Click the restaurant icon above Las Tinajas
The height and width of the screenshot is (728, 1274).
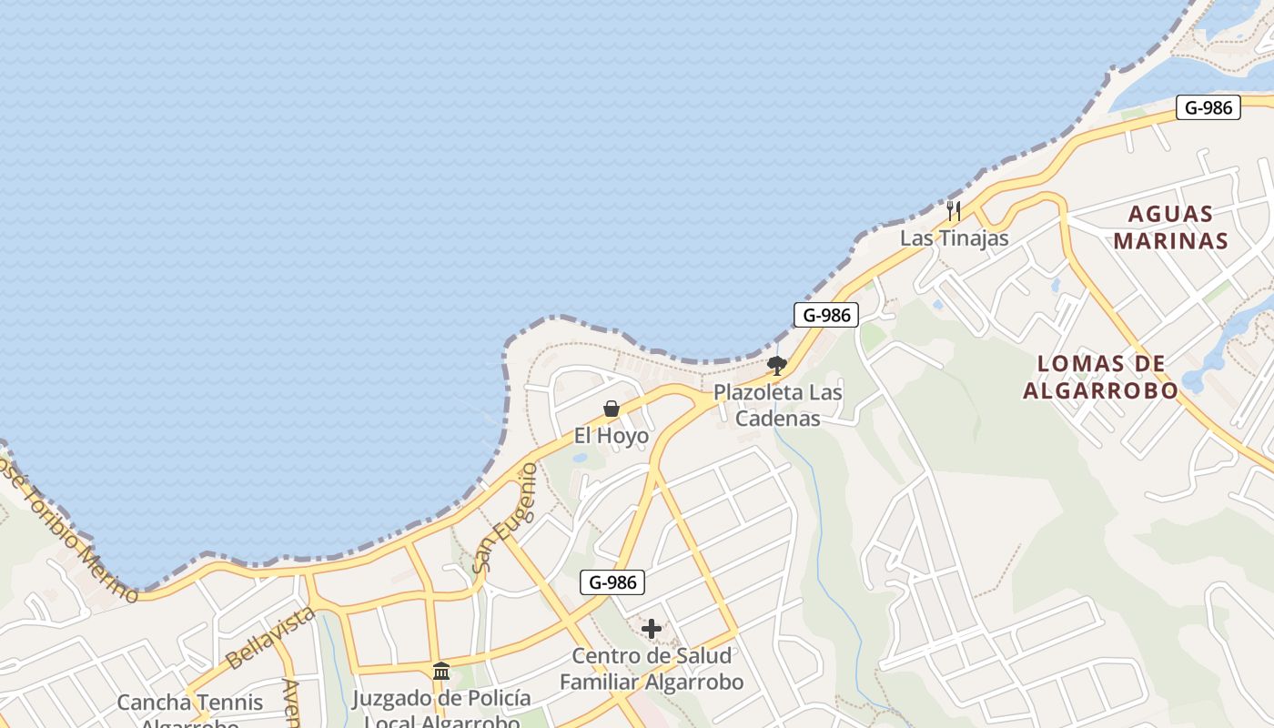[x=954, y=211]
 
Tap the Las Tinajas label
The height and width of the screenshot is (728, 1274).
[x=955, y=238]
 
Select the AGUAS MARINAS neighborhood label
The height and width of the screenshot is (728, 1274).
[x=1170, y=227]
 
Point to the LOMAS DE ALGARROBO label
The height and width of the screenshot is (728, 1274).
[x=1101, y=377]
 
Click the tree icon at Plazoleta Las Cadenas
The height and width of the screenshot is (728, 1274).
[x=776, y=366]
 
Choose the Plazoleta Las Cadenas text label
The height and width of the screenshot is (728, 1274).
[x=777, y=406]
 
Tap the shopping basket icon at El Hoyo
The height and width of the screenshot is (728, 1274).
[x=612, y=409]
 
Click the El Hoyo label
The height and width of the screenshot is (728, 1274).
[x=612, y=436]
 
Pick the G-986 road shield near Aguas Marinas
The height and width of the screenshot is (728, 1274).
[x=1208, y=107]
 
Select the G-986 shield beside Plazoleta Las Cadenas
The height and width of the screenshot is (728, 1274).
[x=826, y=316]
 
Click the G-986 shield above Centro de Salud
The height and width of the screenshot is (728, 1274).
[x=612, y=582]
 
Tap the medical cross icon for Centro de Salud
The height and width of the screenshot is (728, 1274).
[x=652, y=629]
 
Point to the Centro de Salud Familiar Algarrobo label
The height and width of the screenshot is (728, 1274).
[x=652, y=669]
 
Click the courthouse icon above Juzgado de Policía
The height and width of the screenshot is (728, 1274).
[x=441, y=672]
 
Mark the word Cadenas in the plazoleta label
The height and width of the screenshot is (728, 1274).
[x=777, y=419]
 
